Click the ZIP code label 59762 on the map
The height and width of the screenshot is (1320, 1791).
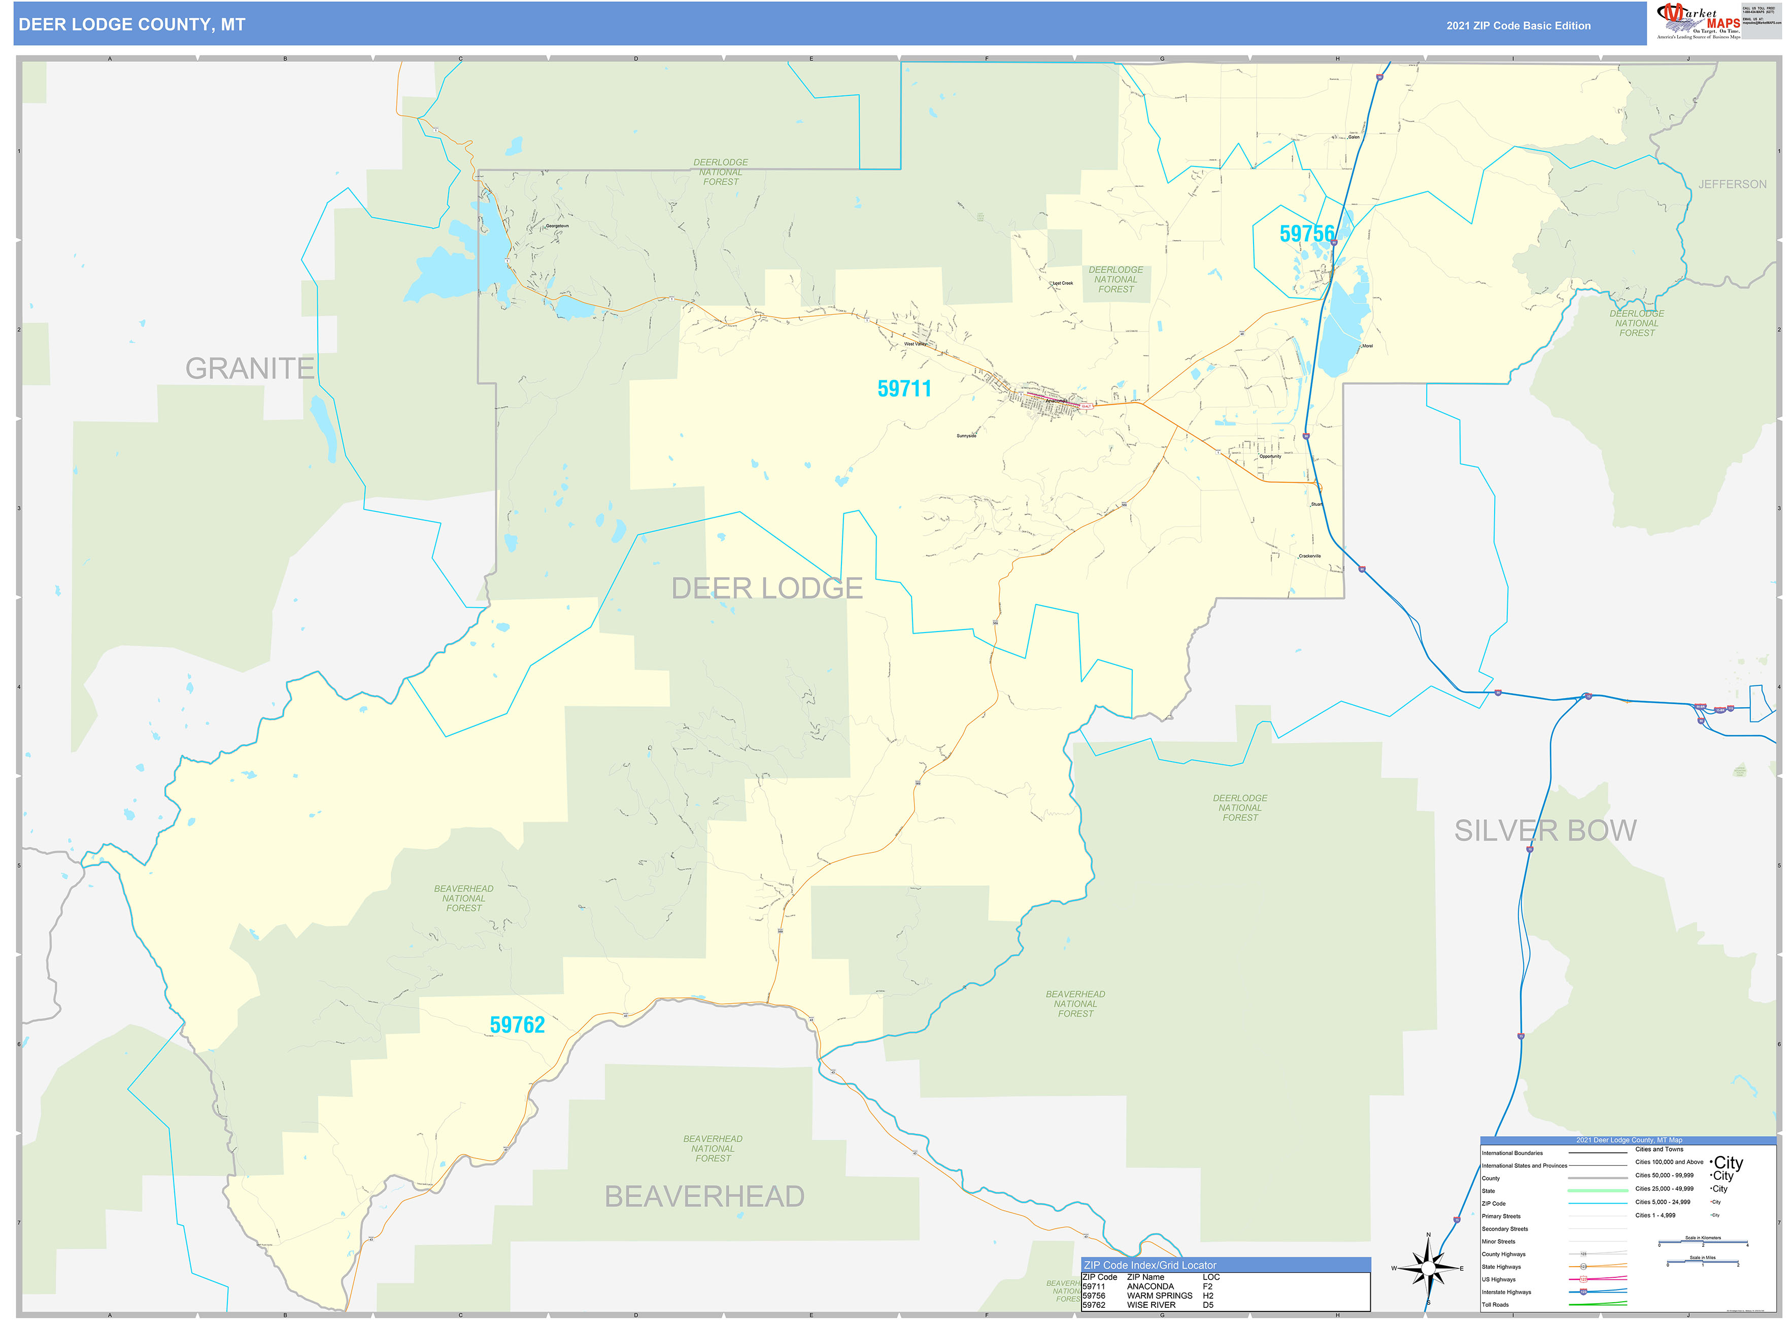click(x=517, y=1025)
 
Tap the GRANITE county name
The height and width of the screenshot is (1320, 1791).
click(x=250, y=369)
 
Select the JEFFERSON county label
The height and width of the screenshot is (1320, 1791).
click(x=1732, y=185)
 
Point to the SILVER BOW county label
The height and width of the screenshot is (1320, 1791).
click(x=1545, y=831)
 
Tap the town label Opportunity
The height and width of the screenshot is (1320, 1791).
click(x=1270, y=456)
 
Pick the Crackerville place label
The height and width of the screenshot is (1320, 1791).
click(x=1309, y=556)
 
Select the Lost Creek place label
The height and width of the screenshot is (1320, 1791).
click(x=1062, y=283)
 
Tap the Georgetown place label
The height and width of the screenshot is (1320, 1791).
click(x=557, y=226)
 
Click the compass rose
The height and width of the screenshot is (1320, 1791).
click(x=1428, y=1268)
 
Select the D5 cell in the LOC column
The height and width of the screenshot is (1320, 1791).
click(x=1208, y=1306)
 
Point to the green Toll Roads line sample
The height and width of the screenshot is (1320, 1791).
click(x=1598, y=1305)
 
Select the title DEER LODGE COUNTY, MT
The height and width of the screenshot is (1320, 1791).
click(x=132, y=25)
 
